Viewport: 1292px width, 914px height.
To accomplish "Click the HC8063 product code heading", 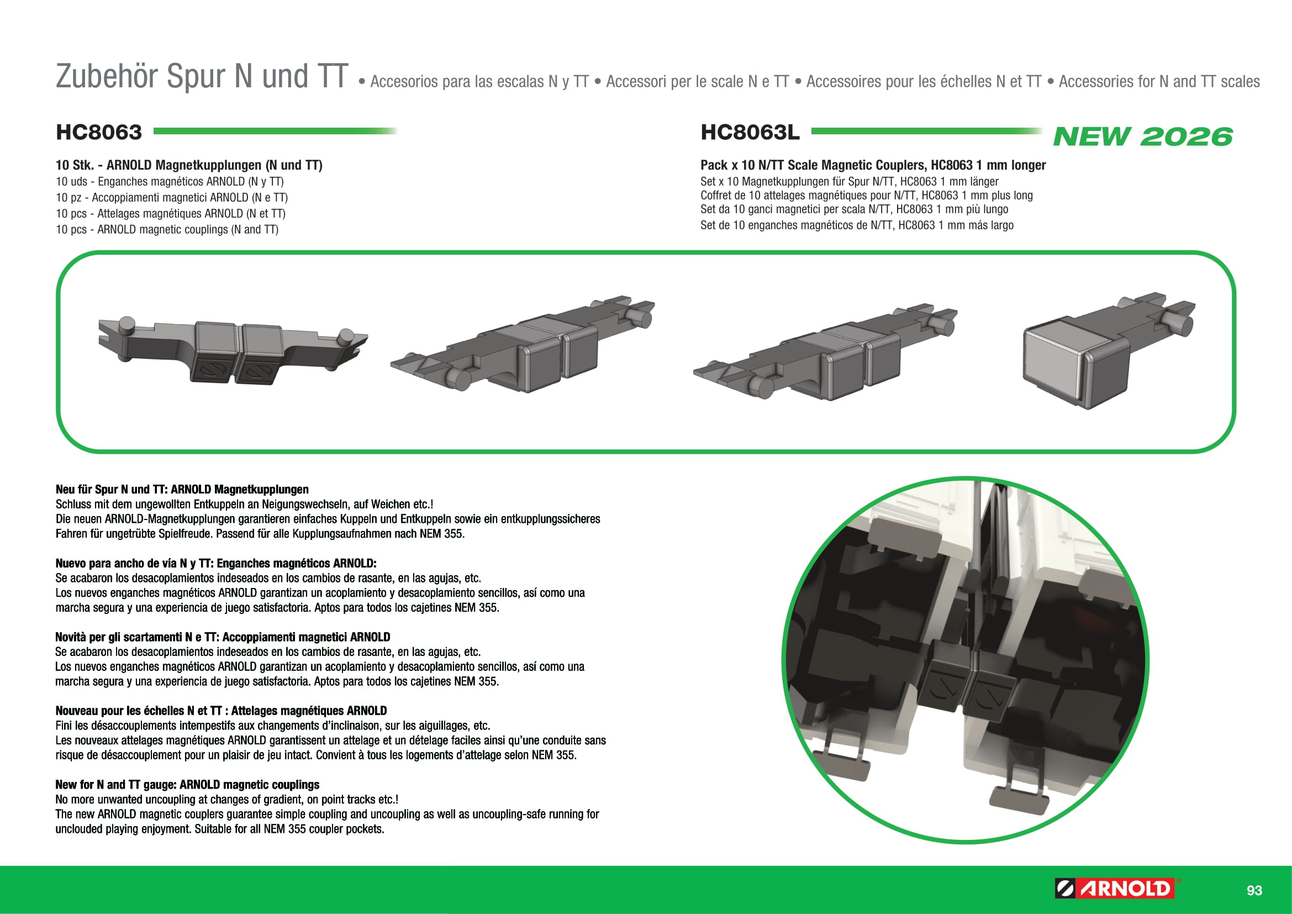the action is (98, 132).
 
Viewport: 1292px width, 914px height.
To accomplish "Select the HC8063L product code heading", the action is (750, 132).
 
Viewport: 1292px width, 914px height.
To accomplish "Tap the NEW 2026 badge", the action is (1142, 136).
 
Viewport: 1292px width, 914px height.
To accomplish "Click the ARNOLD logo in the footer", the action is (1117, 889).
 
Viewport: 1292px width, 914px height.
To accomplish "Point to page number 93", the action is (1254, 890).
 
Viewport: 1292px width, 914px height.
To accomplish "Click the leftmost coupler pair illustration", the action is (233, 351).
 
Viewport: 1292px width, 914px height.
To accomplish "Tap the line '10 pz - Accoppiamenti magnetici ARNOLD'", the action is (172, 197).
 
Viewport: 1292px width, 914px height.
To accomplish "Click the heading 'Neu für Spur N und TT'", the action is (182, 490).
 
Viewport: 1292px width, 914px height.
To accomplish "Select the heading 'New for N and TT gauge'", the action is (187, 785).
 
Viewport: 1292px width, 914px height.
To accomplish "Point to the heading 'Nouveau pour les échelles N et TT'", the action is (221, 711).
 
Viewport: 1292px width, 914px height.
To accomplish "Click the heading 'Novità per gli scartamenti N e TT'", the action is (223, 637).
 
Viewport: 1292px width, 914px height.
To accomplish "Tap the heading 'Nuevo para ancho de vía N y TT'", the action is (216, 563).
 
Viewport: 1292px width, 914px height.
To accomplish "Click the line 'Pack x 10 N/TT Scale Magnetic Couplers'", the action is (873, 165).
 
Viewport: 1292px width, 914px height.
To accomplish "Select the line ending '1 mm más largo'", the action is (857, 225).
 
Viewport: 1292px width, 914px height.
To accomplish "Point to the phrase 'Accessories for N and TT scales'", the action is (1159, 82).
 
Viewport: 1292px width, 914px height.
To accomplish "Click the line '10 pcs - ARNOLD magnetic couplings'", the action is (167, 230).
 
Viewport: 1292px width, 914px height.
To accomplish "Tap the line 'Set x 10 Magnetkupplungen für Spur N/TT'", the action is (850, 181).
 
